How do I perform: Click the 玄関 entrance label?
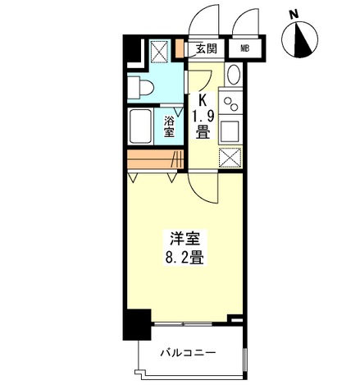tap(207, 48)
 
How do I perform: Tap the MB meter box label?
tap(244, 49)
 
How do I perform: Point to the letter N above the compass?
tap(294, 15)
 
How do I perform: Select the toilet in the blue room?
tap(140, 87)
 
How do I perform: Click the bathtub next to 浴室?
tap(140, 126)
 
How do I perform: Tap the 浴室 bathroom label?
tap(169, 126)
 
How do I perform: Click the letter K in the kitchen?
tap(203, 100)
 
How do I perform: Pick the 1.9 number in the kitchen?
tap(203, 117)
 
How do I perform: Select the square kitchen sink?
tap(230, 131)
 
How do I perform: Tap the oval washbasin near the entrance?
tap(234, 75)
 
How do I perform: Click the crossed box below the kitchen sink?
tap(230, 158)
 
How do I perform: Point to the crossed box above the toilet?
tap(159, 51)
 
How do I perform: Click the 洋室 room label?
tap(185, 239)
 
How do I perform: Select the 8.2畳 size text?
tap(185, 258)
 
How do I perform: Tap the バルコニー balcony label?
tap(188, 353)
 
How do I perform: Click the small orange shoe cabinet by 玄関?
tap(180, 48)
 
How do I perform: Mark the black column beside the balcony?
tap(137, 324)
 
